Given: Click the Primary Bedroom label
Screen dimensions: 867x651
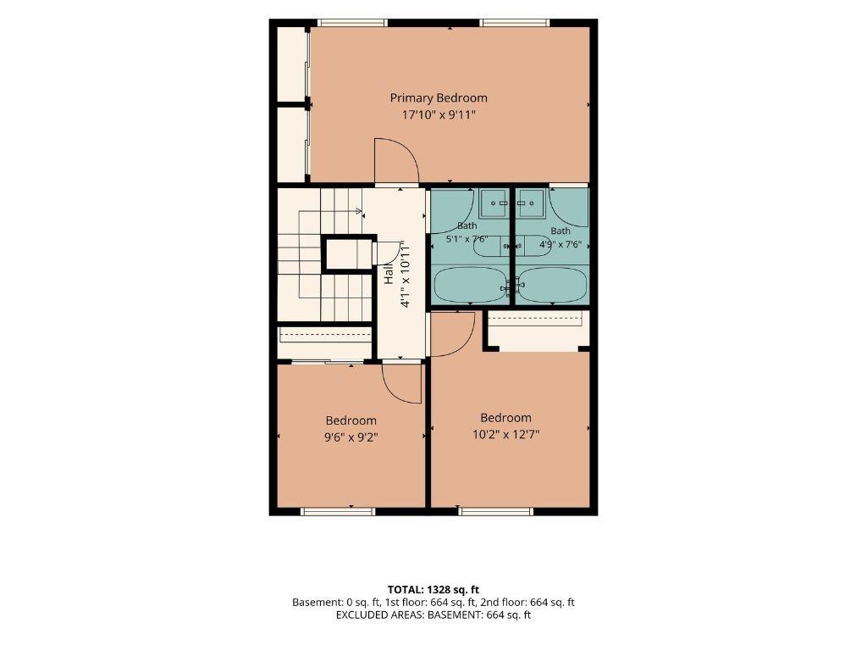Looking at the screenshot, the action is pos(439,98).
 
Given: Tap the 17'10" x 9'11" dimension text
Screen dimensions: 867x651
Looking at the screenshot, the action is pos(439,115).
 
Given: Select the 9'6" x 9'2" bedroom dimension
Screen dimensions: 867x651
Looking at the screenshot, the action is pos(351,437).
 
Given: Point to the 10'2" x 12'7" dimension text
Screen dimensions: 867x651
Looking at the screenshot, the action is pos(505,435).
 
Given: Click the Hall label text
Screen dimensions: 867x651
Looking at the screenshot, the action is pos(389,274).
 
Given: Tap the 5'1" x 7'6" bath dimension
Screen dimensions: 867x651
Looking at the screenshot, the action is pos(467,239).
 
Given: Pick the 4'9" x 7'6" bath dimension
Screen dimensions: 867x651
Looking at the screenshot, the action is pos(561,243).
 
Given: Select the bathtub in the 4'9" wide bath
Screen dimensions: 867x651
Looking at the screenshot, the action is pos(553,285).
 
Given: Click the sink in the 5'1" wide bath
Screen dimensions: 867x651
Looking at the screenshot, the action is pos(494,203).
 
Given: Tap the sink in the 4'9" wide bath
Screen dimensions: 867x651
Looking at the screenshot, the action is pos(530,203).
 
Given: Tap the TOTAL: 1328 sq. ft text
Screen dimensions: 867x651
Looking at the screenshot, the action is pos(433,590).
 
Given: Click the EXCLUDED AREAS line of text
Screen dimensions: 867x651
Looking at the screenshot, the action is pos(433,615).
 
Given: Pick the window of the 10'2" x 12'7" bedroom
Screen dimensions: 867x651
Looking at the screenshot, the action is pos(496,511).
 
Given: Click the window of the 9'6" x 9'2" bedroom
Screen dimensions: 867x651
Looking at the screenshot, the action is pos(338,511).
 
